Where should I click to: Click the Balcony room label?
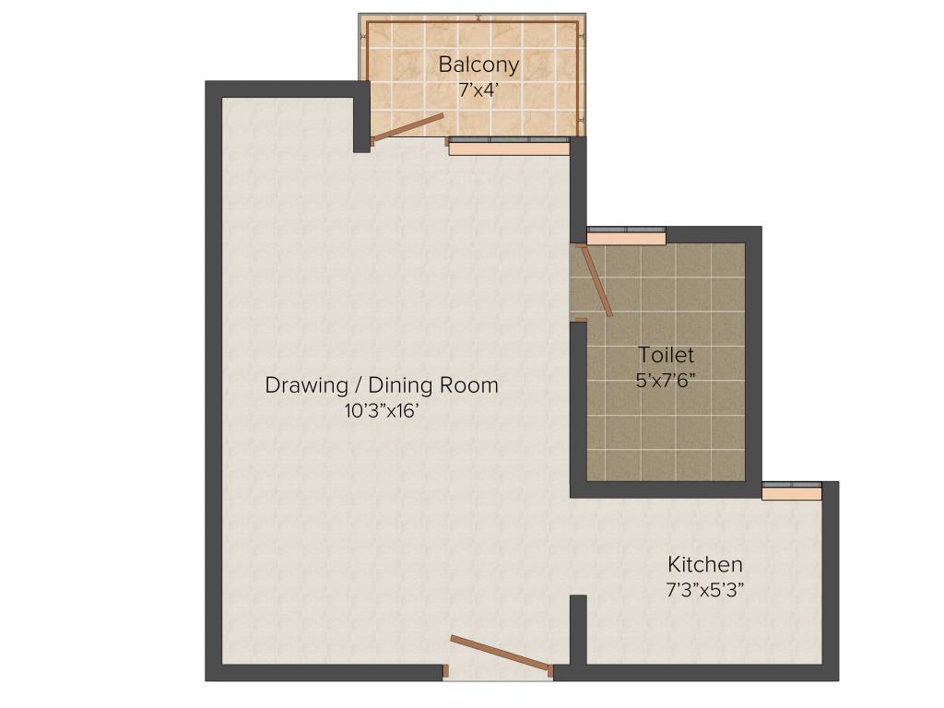(478, 65)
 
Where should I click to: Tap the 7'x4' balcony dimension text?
(478, 90)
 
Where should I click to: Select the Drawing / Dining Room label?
(381, 384)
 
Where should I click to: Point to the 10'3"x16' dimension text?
(382, 411)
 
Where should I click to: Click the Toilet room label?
(666, 355)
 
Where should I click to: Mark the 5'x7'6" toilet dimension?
(666, 380)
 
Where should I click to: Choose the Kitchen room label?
(705, 564)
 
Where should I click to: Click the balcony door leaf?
(407, 128)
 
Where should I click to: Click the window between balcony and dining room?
(508, 146)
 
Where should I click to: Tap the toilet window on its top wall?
(626, 236)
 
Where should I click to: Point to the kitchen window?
(791, 491)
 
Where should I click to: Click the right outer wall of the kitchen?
(831, 581)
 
